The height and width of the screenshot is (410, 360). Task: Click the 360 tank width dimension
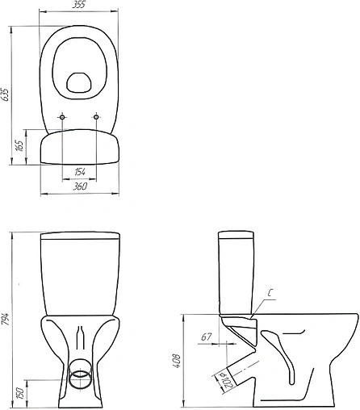point(79,186)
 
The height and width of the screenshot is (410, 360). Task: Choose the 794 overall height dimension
point(7,317)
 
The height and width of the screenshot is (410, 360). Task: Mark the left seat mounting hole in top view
point(62,118)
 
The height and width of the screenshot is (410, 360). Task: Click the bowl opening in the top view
point(79,81)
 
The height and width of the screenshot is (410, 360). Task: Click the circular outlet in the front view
point(79,377)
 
